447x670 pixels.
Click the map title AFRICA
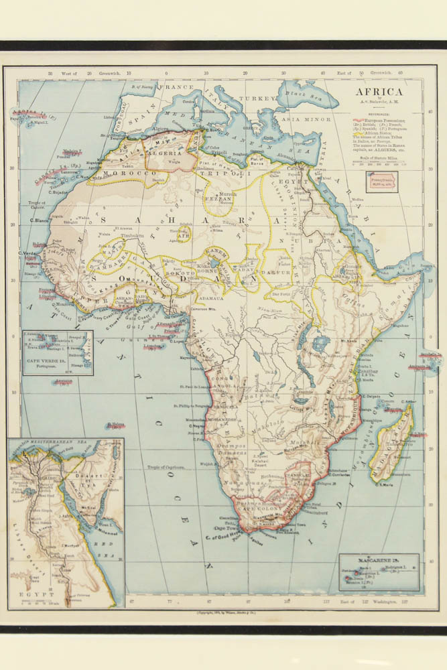pos(379,93)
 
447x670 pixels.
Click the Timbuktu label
pos(135,237)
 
